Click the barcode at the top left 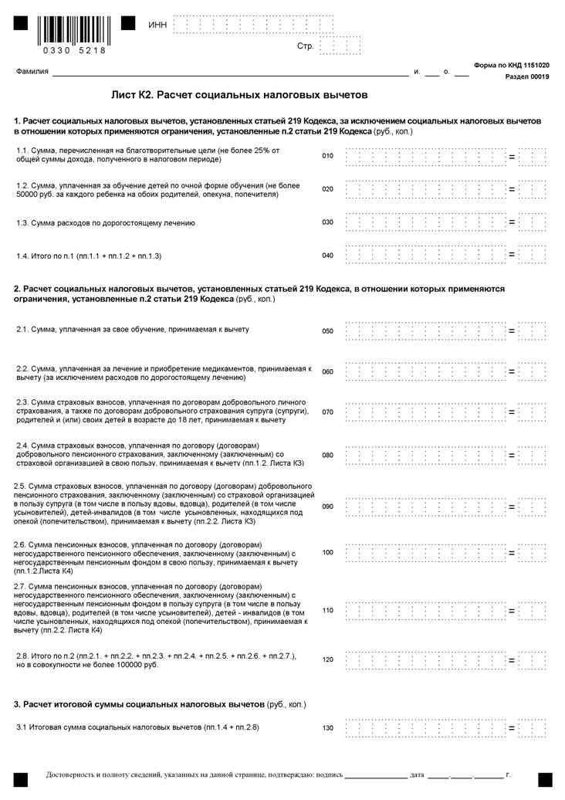tap(75, 29)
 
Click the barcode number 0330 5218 tap(75, 50)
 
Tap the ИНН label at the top tap(157, 25)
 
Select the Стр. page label tap(305, 46)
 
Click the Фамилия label tap(32, 72)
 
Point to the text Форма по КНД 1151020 tap(512, 66)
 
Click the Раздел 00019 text tap(527, 77)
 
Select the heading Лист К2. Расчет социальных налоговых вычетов tap(239, 95)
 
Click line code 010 tap(327, 156)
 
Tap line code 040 tap(327, 255)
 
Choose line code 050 tap(327, 331)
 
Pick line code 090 tap(327, 507)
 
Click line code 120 tap(327, 660)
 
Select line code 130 tap(327, 728)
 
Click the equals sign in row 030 tap(511, 222)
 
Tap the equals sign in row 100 tap(511, 553)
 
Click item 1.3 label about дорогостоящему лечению tap(106, 223)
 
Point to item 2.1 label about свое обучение tap(133, 330)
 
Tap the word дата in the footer tap(418, 774)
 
